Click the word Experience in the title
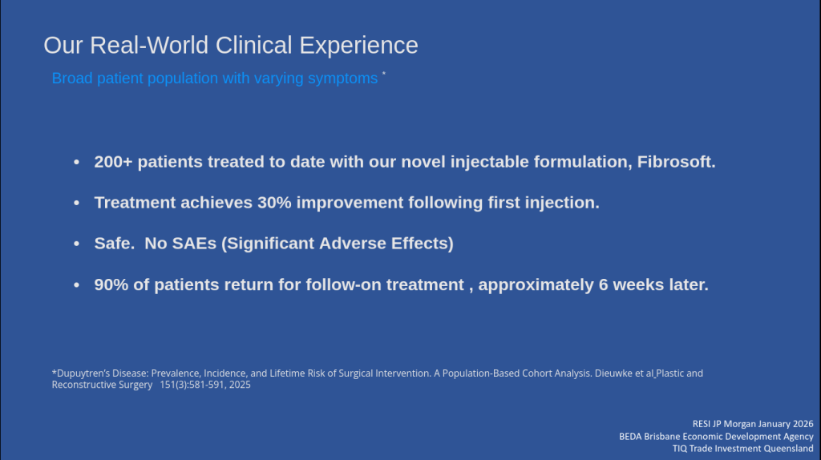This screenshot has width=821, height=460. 358,46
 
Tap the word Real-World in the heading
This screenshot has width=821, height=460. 149,45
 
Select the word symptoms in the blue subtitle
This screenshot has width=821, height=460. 342,79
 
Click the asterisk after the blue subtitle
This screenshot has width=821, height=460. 384,74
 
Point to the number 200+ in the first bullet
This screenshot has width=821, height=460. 113,162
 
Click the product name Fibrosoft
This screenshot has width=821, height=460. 676,162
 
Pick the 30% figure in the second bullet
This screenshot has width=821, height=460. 274,203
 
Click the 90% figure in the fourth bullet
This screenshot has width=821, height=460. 111,284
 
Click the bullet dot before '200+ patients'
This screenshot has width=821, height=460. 76,162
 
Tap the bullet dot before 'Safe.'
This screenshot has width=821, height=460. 76,244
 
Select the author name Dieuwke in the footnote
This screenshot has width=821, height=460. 613,373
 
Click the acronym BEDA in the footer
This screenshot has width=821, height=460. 630,437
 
